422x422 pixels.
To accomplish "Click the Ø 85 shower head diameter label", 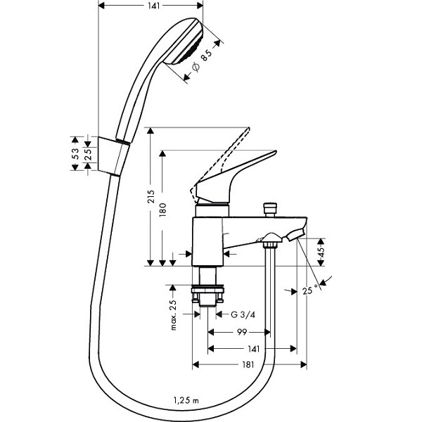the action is pyautogui.click(x=203, y=60).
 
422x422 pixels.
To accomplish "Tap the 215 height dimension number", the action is pyautogui.click(x=151, y=197).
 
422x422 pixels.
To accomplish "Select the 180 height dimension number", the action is pyautogui.click(x=163, y=210).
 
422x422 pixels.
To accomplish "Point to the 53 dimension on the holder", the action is pyautogui.click(x=75, y=154).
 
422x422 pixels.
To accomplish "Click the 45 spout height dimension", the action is pyautogui.click(x=321, y=252).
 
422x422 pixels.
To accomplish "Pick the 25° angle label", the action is pyautogui.click(x=310, y=290).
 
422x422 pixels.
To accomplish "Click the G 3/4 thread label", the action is pyautogui.click(x=243, y=314).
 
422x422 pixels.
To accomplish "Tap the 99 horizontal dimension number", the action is pyautogui.click(x=242, y=332).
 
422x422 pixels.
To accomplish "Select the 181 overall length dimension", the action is pyautogui.click(x=248, y=364).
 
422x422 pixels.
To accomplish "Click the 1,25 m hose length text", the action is pyautogui.click(x=186, y=400).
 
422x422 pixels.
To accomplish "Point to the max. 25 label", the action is pyautogui.click(x=174, y=314).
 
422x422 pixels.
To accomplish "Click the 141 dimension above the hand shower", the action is pyautogui.click(x=153, y=6).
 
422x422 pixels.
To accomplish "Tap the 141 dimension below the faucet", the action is pyautogui.click(x=253, y=349).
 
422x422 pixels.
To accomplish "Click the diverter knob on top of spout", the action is pyautogui.click(x=270, y=209).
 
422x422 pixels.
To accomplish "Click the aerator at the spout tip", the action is pyautogui.click(x=295, y=234).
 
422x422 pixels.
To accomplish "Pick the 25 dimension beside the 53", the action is pyautogui.click(x=88, y=154).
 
